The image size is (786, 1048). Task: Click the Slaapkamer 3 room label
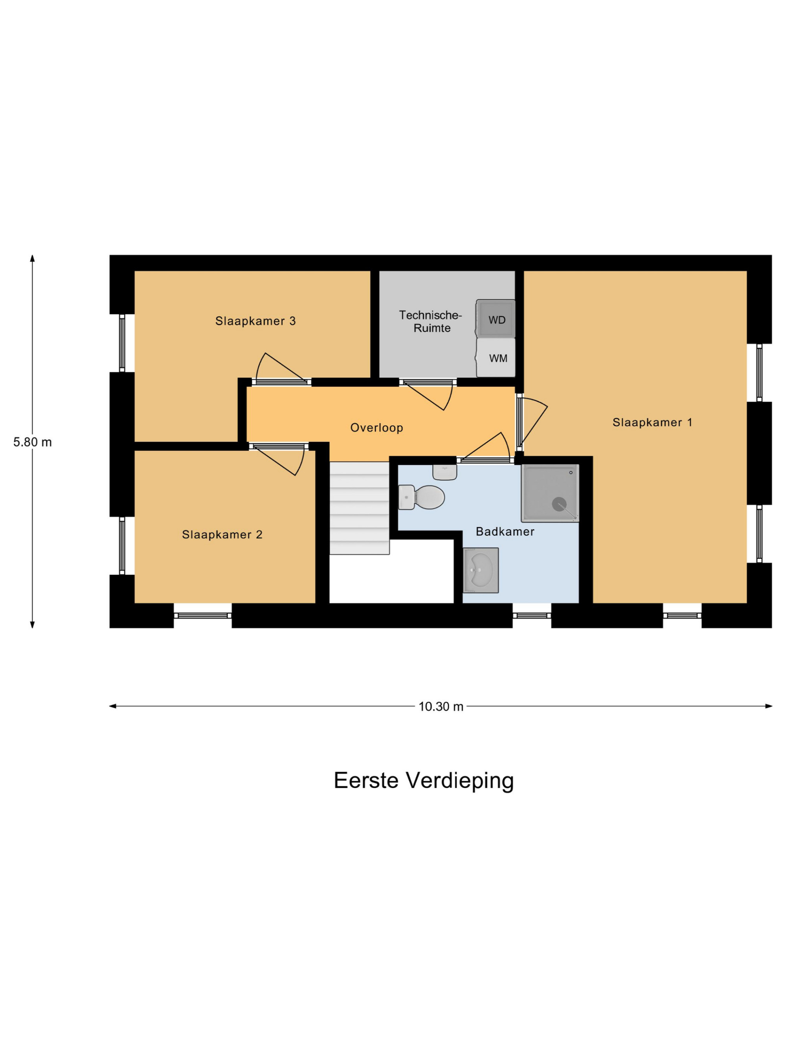point(255,321)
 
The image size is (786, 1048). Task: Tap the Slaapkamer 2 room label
point(222,534)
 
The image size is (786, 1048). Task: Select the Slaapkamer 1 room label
point(652,422)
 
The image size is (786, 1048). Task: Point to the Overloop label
point(376,428)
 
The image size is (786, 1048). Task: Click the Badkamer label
point(505,532)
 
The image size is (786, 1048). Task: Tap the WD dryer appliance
point(496,318)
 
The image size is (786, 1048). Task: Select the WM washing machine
point(496,358)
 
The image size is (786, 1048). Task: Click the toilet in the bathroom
point(421,497)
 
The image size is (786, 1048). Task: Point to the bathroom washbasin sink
point(480,571)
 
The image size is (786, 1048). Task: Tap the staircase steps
point(360,508)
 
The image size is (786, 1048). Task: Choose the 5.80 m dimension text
point(33,442)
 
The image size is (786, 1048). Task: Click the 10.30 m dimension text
point(441,707)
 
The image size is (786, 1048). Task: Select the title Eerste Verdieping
point(424,780)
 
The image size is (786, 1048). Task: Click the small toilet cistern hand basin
point(444,472)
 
